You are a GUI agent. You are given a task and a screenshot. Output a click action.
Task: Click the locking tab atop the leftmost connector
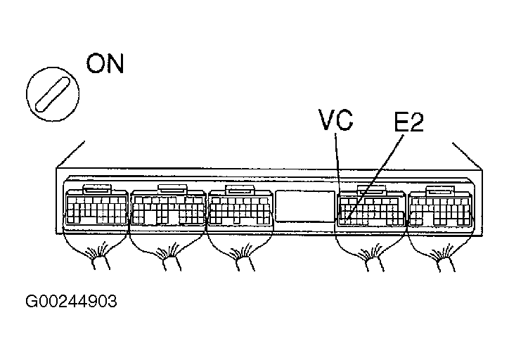(x=96, y=188)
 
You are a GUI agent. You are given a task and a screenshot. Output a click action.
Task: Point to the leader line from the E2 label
(x=380, y=176)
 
